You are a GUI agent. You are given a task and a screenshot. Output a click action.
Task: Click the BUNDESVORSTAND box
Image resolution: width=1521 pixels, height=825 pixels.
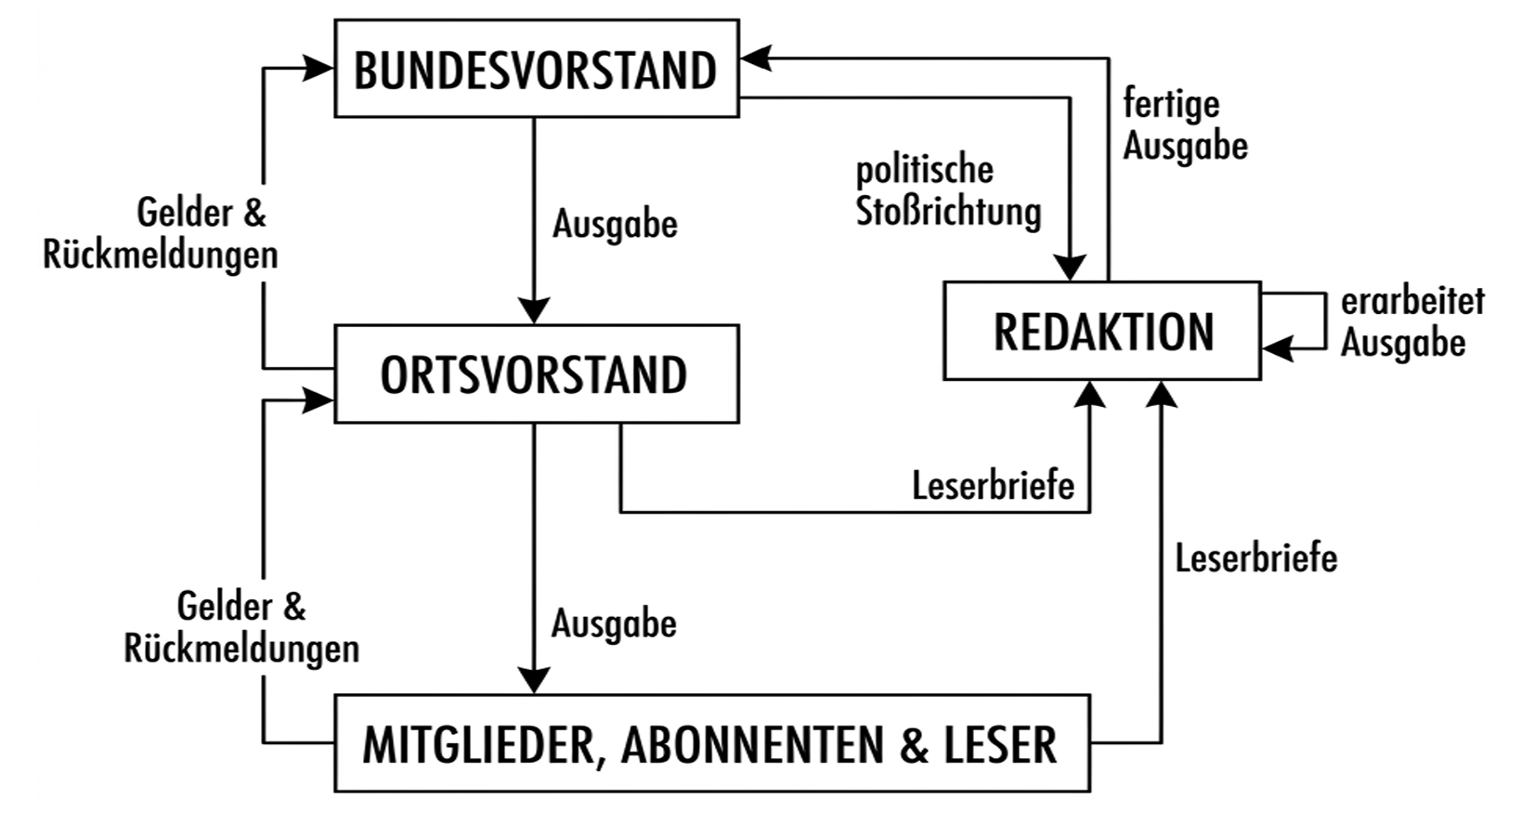(537, 69)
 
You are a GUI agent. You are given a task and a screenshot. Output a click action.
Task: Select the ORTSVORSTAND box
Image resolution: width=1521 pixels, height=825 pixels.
(537, 373)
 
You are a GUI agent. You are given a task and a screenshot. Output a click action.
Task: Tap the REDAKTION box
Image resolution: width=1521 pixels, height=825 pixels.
(1102, 331)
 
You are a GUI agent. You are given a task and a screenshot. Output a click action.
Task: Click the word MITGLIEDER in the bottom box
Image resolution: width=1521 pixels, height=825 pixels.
(479, 745)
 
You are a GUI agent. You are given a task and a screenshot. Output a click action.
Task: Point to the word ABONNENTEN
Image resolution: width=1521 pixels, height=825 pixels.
(752, 745)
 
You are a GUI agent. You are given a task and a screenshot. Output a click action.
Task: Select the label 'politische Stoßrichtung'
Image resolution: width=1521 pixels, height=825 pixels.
(948, 191)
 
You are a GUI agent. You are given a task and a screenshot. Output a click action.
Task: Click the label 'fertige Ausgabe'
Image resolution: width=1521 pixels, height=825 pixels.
(1185, 124)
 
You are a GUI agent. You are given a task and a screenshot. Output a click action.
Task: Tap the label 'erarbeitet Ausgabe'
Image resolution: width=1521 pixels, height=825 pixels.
(1412, 322)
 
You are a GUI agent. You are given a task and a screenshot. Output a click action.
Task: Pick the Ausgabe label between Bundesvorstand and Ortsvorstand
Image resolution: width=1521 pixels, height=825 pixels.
(615, 224)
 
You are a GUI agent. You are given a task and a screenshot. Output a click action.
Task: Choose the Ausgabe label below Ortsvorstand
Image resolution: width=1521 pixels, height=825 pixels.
(614, 623)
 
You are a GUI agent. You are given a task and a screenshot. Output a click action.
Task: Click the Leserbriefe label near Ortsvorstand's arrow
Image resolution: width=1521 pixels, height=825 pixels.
(993, 485)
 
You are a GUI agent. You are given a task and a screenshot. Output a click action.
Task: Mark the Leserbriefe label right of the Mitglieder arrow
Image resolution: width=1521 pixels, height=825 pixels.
(1256, 558)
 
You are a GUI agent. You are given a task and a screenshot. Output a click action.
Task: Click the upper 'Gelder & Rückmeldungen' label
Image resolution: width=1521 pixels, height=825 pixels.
(161, 233)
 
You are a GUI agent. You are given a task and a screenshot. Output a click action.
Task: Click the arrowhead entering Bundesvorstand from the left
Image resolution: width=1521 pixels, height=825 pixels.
(318, 68)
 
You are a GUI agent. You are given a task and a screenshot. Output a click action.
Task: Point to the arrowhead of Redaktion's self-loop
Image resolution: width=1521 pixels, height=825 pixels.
(1278, 348)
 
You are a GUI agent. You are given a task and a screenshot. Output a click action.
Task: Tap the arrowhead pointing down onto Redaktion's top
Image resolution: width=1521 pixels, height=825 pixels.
(1070, 268)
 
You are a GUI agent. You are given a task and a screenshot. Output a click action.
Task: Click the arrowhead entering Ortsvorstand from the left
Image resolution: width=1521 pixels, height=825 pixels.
(318, 400)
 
